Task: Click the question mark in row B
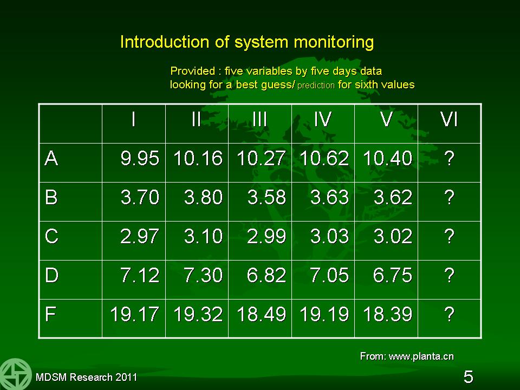point(450,197)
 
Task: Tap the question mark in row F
point(450,314)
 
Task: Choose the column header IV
point(323,119)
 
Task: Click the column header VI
point(449,119)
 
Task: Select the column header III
point(259,119)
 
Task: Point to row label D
point(52,275)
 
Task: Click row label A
point(51,158)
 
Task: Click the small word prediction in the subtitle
point(316,86)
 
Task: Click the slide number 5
point(468,377)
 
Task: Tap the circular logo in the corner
point(15,374)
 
